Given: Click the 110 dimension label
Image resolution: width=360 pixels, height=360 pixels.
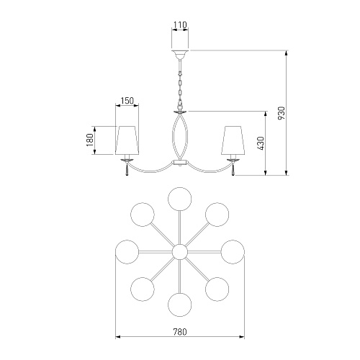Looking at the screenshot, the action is (180, 24).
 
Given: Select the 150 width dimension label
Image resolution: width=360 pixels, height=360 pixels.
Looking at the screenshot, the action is (127, 101).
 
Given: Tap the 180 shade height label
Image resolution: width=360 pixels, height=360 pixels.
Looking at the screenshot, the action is (90, 140).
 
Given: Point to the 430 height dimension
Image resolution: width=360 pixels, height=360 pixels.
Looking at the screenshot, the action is (261, 143).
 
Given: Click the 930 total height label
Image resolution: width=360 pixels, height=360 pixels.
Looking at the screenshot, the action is (282, 113).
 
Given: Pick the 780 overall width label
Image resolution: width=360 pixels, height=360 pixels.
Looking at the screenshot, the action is (180, 332).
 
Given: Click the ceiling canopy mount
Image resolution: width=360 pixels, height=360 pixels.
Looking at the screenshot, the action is (180, 55).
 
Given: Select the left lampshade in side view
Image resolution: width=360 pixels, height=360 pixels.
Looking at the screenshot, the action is (127, 140).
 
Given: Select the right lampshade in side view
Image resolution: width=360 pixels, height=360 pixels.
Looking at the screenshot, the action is (233, 140).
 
